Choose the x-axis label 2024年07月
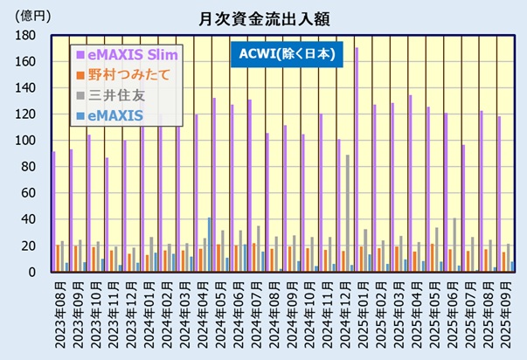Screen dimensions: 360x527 coord(258,314)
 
